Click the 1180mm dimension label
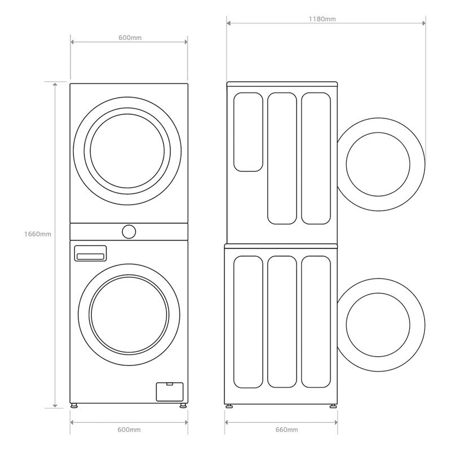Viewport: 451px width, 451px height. pyautogui.click(x=322, y=19)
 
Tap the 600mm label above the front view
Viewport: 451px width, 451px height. pyautogui.click(x=130, y=37)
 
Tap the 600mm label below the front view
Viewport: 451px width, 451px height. pyautogui.click(x=130, y=430)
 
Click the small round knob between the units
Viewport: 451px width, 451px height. pyautogui.click(x=129, y=231)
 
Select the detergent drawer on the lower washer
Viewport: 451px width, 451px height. pyautogui.click(x=90, y=254)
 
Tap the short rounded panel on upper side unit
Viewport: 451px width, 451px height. pyautogui.click(x=248, y=131)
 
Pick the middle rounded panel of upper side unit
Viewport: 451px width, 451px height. pyautogui.click(x=282, y=158)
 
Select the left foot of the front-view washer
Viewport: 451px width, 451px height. pyautogui.click(x=74, y=405)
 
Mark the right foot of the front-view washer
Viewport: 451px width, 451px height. pyautogui.click(x=183, y=405)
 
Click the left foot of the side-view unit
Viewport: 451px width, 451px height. pyautogui.click(x=229, y=405)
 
